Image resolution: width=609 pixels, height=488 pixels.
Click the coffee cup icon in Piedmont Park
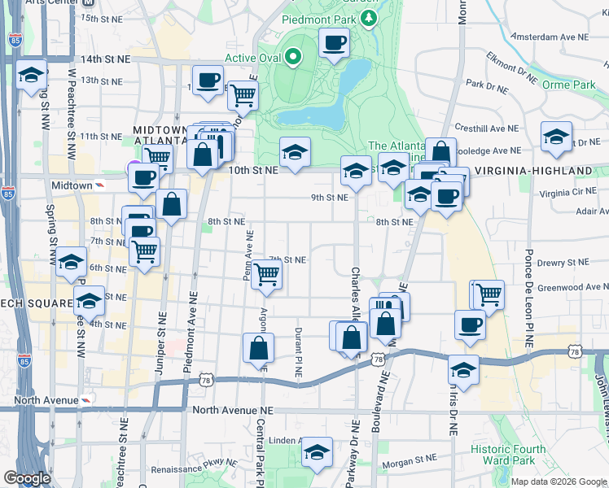tap(333, 42)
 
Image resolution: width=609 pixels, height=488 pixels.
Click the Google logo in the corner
tap(27, 478)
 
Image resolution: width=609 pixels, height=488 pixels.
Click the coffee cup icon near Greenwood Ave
tap(469, 325)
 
